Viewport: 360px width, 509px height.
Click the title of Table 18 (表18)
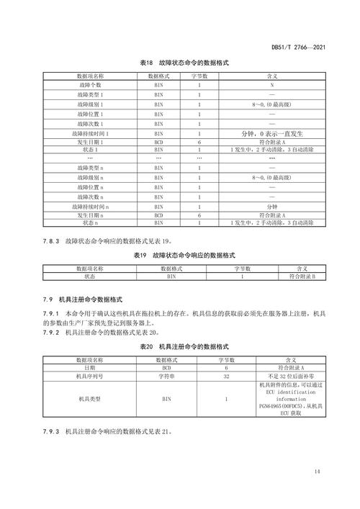(184, 63)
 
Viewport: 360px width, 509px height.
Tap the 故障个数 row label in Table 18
(91, 84)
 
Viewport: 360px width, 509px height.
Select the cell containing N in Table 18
(272, 84)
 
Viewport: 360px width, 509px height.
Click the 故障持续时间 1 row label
(91, 133)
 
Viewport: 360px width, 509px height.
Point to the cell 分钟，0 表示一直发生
(272, 133)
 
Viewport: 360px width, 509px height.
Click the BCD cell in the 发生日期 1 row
(159, 143)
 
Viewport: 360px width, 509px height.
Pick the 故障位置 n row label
(91, 186)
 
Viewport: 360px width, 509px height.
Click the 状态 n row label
(91, 223)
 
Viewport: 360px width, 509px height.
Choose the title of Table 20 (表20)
(184, 346)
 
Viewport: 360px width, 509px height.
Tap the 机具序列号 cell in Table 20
(90, 376)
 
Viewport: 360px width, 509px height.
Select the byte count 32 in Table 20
(226, 376)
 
